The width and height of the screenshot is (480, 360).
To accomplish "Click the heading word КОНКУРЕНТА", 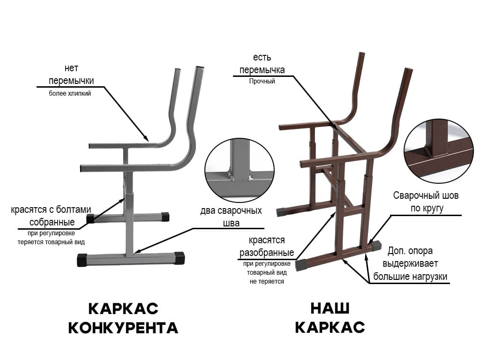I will (x=123, y=328).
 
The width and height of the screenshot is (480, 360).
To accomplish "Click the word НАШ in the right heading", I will (x=330, y=308).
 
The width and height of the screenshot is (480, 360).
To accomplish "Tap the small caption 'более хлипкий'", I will (x=70, y=93).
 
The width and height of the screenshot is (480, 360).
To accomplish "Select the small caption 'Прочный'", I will (x=262, y=81).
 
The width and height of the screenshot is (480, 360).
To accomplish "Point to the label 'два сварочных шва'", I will (x=231, y=217).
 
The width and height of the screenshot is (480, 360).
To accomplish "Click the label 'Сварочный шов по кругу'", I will (x=426, y=202).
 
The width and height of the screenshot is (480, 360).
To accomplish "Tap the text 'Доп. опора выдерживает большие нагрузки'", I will (x=410, y=263).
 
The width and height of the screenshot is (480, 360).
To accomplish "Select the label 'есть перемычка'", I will (x=262, y=64).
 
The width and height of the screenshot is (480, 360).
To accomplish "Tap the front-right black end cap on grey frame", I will (x=179, y=258).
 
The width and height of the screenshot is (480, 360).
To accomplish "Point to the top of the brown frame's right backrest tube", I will (x=408, y=71).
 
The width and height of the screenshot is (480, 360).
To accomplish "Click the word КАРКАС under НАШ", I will (x=330, y=328).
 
